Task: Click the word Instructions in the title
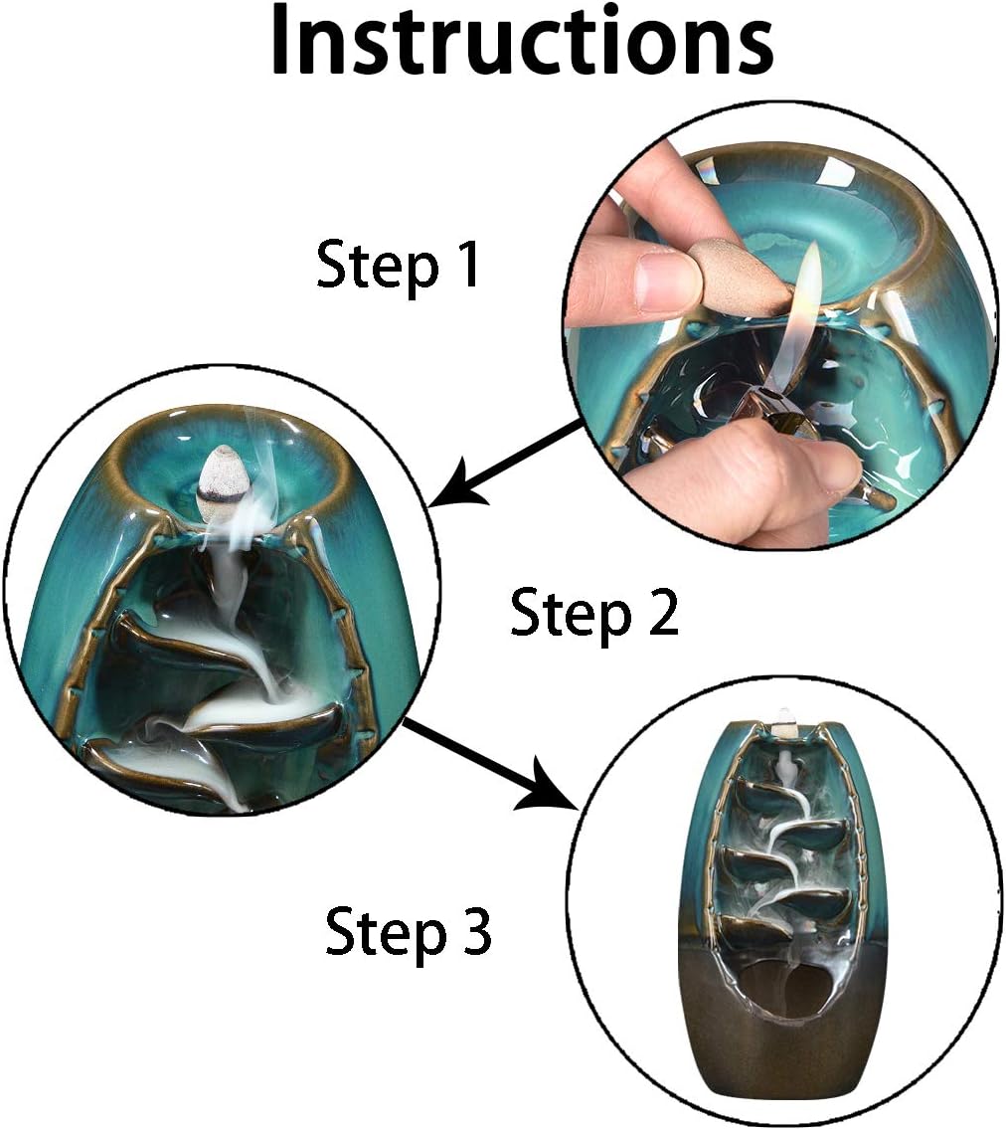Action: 522,40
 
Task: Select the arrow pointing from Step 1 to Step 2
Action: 508,465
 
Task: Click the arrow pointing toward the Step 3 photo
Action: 491,765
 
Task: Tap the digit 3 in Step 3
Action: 474,930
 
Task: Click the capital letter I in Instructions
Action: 281,42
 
